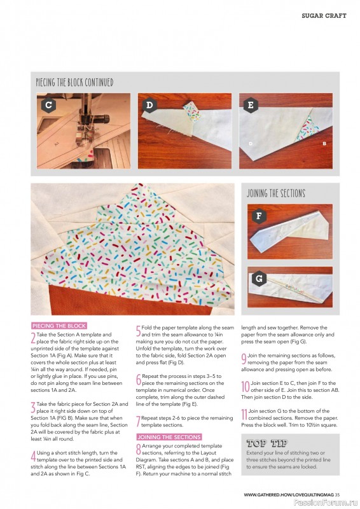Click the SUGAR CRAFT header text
point(324,15)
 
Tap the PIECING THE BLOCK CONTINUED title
point(75,83)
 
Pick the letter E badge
point(250,105)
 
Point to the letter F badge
point(258,216)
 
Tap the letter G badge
point(258,278)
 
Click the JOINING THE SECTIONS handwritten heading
point(275,193)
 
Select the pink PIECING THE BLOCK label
point(59,326)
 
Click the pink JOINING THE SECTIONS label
point(169,437)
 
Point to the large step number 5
point(138,331)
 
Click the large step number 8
point(138,450)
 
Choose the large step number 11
point(245,415)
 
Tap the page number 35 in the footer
point(338,494)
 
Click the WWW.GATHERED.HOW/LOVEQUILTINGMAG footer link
point(289,494)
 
